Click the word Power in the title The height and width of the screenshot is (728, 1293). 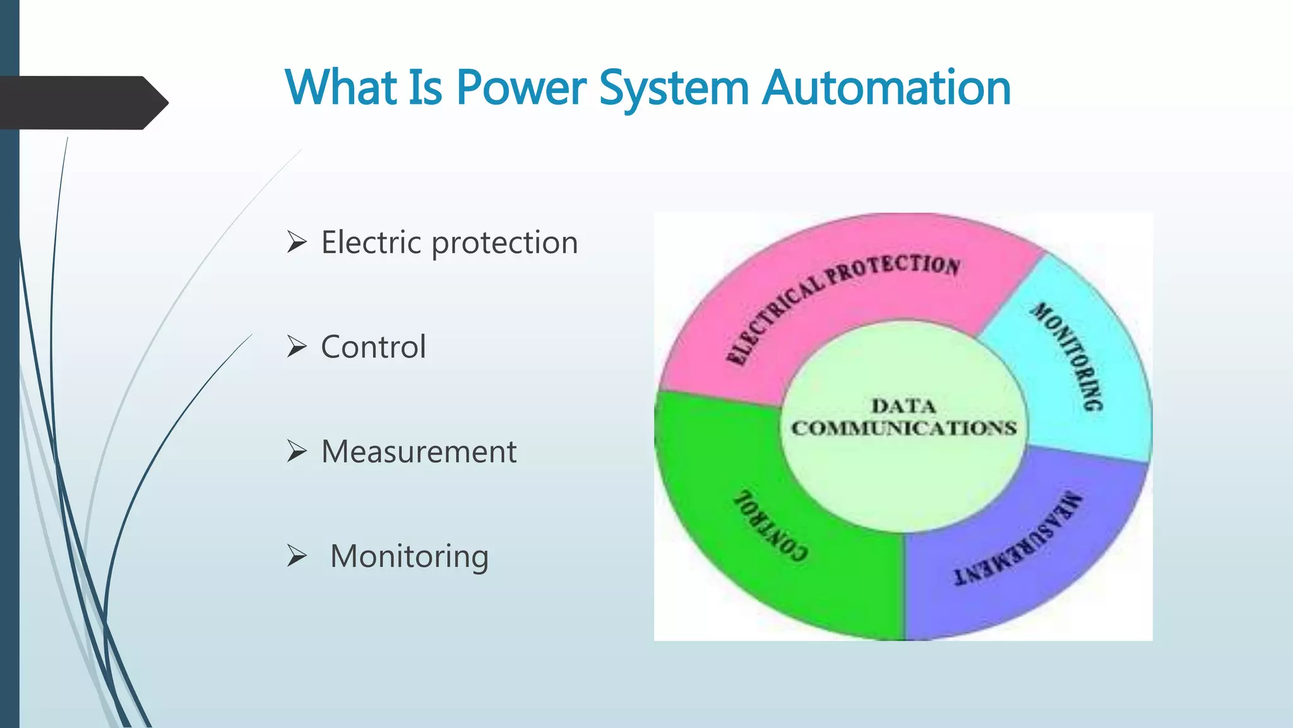click(x=521, y=88)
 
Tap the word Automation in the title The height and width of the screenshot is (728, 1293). click(x=886, y=88)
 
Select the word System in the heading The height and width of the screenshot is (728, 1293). click(x=674, y=88)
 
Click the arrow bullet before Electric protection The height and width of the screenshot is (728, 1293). click(x=297, y=242)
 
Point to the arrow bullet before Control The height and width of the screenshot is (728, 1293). click(x=297, y=346)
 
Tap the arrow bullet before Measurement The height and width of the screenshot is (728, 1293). click(x=297, y=451)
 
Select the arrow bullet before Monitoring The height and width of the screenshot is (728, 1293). click(x=297, y=555)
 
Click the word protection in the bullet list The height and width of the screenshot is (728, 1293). click(x=504, y=243)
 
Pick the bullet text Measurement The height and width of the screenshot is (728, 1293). click(x=419, y=452)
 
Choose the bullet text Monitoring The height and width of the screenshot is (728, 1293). click(x=409, y=557)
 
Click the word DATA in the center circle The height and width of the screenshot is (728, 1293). click(x=903, y=406)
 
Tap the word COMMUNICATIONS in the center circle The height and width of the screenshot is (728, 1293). click(x=903, y=428)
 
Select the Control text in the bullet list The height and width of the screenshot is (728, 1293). click(x=373, y=347)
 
